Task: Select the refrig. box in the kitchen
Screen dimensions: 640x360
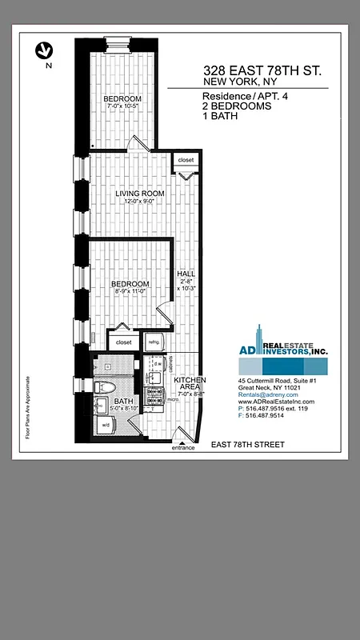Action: pyautogui.click(x=154, y=342)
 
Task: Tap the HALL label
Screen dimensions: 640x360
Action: pyautogui.click(x=185, y=274)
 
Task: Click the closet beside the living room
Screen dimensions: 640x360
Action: pyautogui.click(x=186, y=160)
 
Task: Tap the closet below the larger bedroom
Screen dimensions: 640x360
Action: pyautogui.click(x=123, y=342)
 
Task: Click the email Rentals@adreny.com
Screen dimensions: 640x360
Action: pyautogui.click(x=268, y=394)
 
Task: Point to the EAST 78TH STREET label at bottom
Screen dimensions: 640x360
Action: pyautogui.click(x=247, y=444)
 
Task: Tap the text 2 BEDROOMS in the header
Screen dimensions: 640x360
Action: pyautogui.click(x=237, y=106)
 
